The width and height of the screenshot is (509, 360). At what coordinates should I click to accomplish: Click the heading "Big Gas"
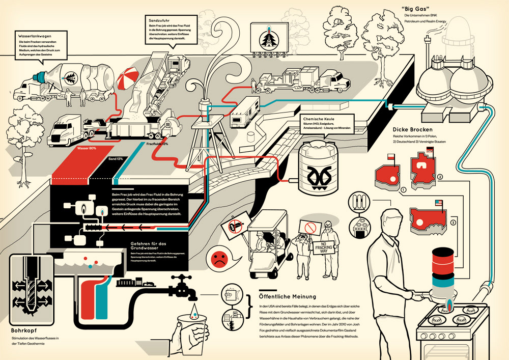tap(415, 9)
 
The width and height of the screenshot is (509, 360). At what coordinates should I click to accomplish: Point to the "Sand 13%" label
tap(116, 159)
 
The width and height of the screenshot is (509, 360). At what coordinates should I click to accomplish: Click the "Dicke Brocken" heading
tap(411, 129)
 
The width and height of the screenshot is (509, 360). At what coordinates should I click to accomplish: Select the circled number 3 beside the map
tap(453, 222)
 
